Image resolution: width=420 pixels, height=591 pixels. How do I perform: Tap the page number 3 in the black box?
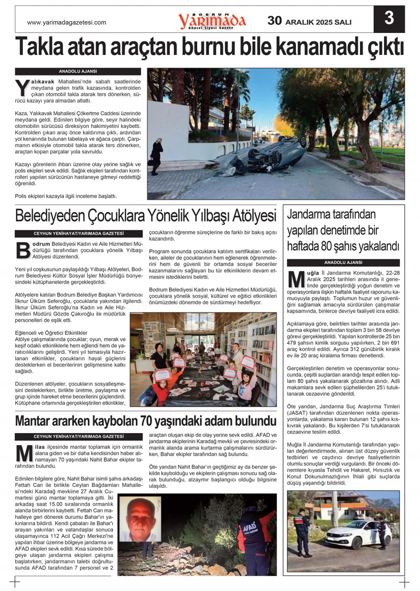click(389, 19)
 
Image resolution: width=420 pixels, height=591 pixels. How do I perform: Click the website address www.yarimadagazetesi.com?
click(67, 22)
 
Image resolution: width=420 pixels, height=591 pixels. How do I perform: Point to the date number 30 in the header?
click(275, 21)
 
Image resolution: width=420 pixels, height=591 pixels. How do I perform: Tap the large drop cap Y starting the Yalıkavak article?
click(22, 88)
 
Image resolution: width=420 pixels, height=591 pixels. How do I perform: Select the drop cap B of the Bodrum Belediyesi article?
click(22, 250)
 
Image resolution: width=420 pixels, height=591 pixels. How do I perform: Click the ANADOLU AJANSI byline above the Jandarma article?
click(343, 262)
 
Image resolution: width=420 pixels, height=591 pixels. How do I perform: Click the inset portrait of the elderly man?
click(140, 519)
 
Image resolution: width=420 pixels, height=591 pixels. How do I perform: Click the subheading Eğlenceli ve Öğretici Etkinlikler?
click(51, 333)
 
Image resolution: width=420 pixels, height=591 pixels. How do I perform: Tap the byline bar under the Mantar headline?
click(78, 437)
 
